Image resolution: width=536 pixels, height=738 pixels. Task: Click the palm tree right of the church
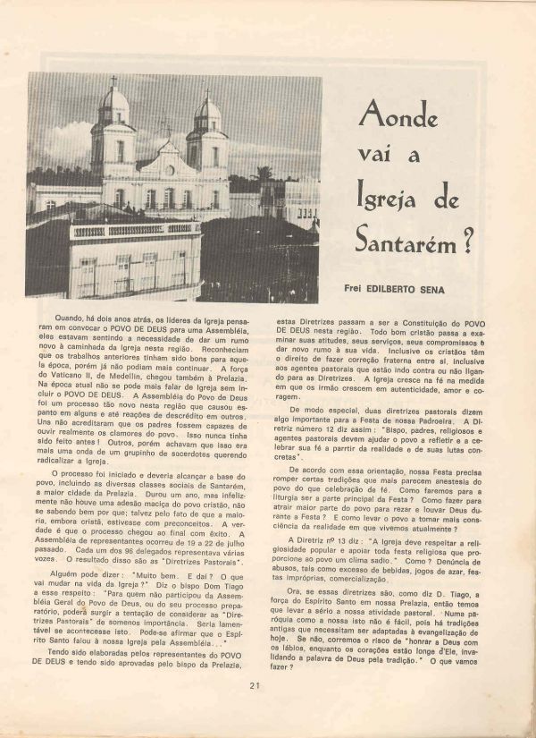coord(265,174)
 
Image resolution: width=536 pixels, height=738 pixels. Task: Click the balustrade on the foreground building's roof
coord(134,229)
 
